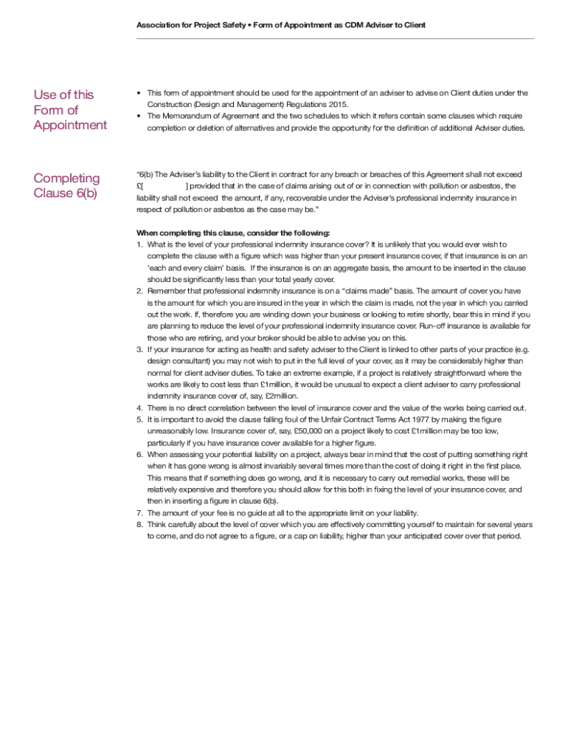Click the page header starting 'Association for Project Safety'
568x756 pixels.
280,25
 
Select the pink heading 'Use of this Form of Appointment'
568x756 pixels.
69,110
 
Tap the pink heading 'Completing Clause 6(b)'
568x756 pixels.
66,186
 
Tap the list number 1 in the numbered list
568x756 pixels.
139,244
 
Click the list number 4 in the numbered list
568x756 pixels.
139,408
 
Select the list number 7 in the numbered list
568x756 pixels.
139,512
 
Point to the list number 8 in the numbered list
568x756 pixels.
139,524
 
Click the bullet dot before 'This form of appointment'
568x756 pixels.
139,93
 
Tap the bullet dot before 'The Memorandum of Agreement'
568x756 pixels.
139,117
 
